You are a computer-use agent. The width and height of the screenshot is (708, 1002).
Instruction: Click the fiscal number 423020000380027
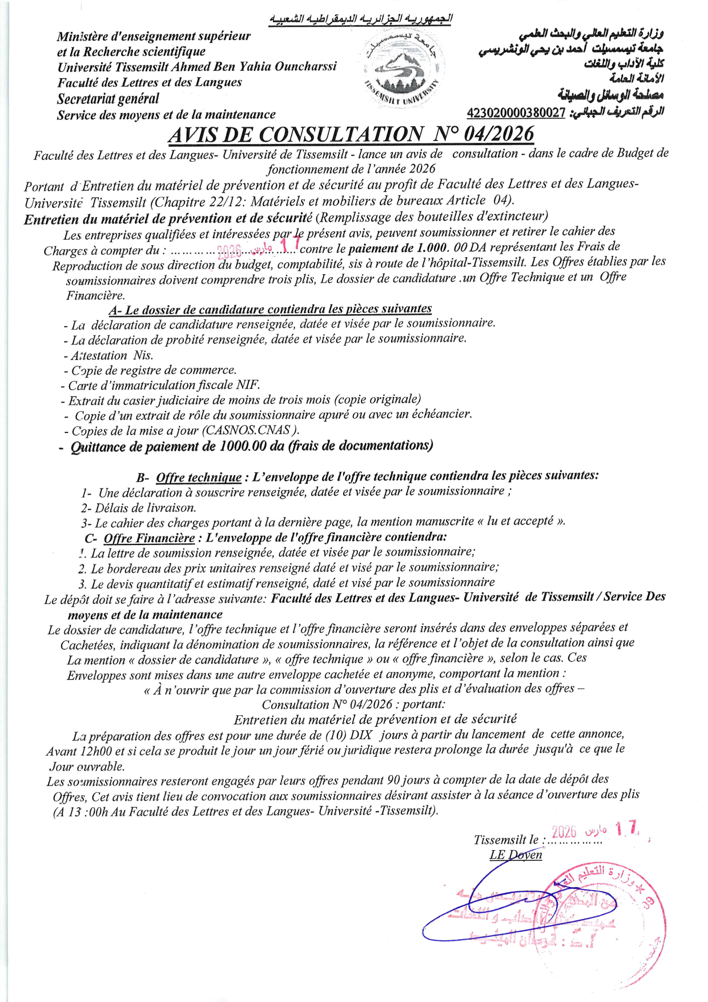coord(516,113)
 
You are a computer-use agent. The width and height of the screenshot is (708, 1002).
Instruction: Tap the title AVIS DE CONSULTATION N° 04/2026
coord(351,134)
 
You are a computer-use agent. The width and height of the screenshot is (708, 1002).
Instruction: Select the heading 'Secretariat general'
coord(108,99)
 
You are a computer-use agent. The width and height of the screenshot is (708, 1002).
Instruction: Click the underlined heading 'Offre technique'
coord(199,478)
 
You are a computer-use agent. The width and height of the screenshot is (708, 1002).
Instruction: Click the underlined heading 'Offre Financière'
coord(149,538)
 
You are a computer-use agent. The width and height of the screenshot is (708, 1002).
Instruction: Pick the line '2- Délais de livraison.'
coord(139,508)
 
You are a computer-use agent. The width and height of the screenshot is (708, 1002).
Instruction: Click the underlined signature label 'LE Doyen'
coord(516,855)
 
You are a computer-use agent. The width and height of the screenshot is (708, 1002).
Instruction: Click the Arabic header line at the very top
coord(361,19)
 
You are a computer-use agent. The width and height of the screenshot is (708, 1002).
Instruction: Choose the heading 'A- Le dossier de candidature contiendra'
coord(269,310)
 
